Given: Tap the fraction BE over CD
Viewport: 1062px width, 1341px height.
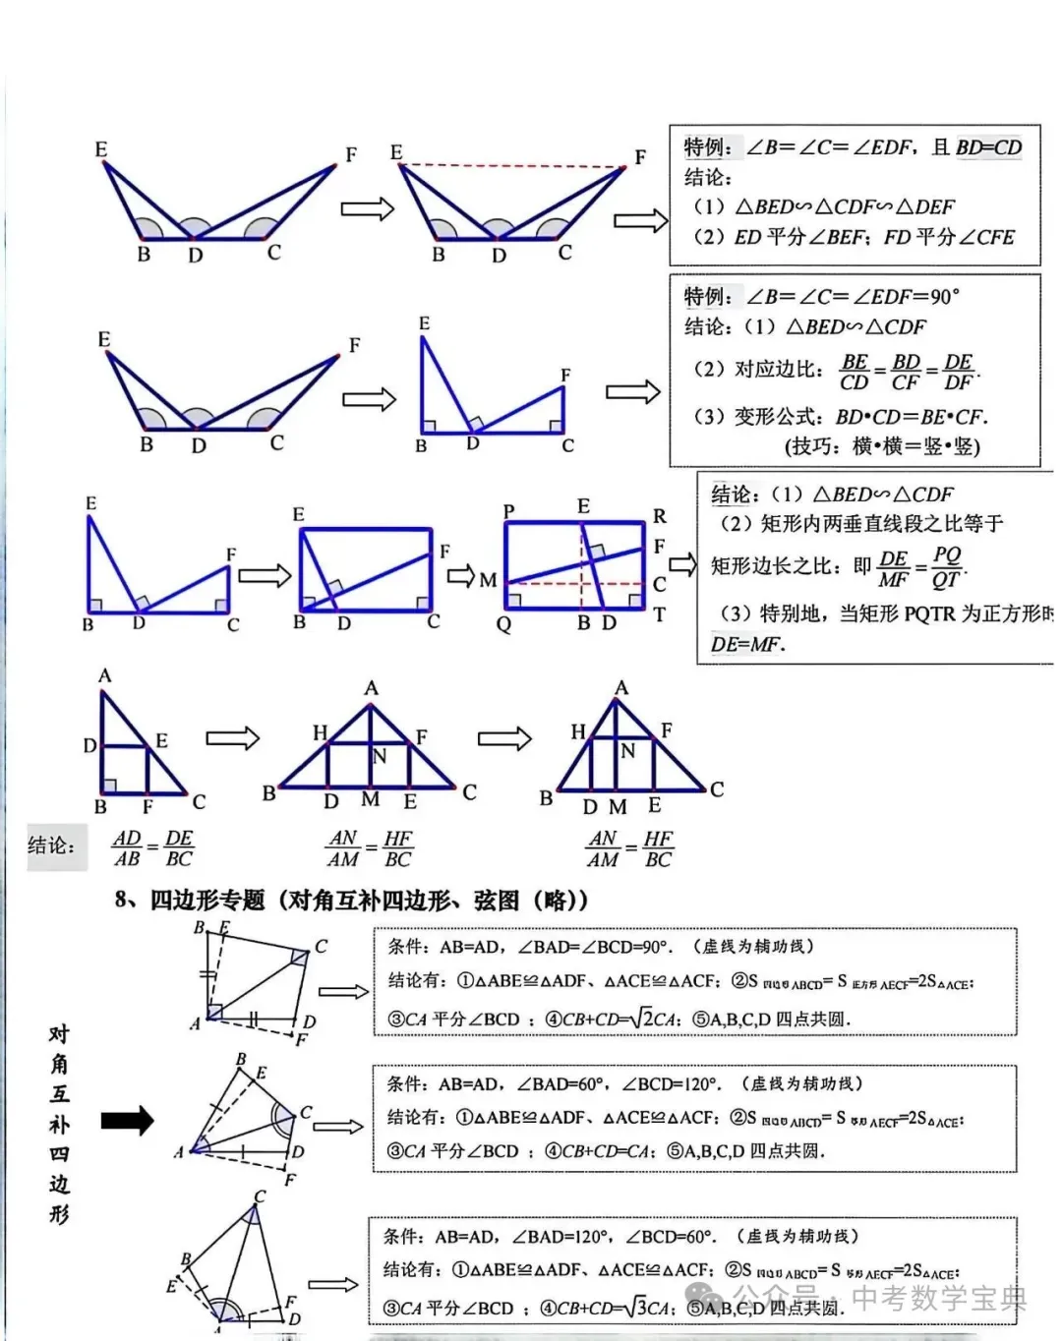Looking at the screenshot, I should [x=855, y=372].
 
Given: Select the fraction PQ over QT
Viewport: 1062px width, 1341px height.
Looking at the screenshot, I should [x=946, y=567].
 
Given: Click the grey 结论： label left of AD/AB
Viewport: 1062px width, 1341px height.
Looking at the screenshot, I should [x=51, y=845].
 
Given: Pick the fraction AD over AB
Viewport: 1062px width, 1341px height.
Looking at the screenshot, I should [x=127, y=847].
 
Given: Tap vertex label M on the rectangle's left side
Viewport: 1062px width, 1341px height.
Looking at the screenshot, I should [x=488, y=580].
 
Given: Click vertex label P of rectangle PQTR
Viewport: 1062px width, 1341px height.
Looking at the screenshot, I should [x=508, y=511].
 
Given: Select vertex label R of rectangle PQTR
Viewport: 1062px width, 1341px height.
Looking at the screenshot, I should [x=659, y=515].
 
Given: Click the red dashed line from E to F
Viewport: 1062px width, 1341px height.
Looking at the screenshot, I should [x=511, y=166].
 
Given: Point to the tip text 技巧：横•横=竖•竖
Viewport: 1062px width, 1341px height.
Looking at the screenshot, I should [x=882, y=445].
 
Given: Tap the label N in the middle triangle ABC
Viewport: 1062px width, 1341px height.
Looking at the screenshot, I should [x=380, y=756].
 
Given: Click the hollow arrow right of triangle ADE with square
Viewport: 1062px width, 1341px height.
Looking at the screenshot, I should [x=232, y=737].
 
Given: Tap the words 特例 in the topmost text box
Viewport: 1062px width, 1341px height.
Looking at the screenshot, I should [x=706, y=147].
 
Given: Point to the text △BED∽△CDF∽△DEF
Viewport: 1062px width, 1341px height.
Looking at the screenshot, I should [x=845, y=206].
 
